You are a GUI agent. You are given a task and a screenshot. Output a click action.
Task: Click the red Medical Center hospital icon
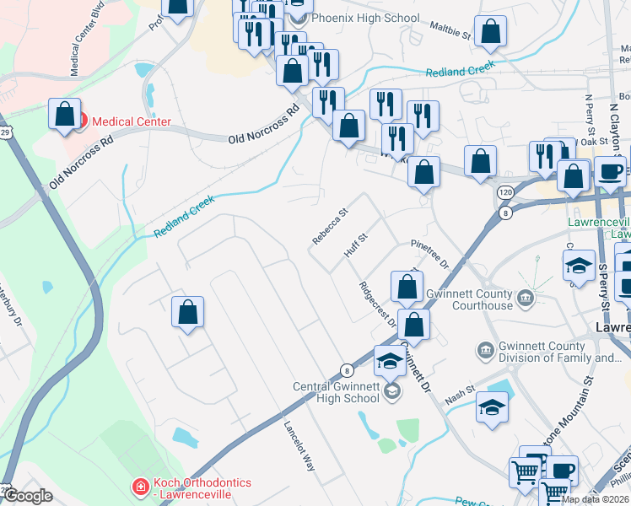point(80,122)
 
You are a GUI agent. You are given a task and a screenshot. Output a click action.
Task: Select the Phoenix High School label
point(365,18)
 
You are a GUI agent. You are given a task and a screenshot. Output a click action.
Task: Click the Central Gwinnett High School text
point(336,392)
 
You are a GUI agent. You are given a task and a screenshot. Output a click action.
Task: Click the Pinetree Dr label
point(430,251)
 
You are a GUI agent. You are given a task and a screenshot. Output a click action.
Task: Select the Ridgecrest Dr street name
point(377,304)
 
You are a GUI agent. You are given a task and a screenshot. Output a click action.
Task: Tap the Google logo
point(28,496)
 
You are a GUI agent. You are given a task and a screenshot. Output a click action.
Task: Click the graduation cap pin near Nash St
point(493,407)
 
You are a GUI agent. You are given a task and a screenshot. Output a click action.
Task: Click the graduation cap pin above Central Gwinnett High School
point(389,361)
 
